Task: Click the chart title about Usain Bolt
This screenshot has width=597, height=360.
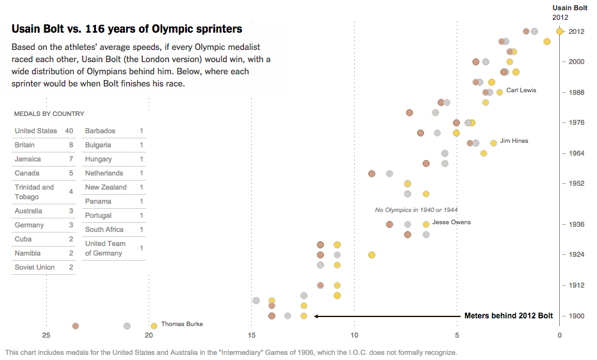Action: [127, 29]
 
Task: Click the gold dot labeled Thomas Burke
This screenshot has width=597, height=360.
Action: [154, 326]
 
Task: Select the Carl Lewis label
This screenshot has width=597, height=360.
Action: [521, 90]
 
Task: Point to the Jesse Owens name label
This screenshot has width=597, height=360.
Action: [451, 222]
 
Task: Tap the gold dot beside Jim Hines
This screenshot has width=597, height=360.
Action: [494, 143]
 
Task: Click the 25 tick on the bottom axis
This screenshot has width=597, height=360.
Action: [46, 335]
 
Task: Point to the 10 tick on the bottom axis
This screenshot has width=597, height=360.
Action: [354, 335]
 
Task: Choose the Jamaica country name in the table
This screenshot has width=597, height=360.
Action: [28, 160]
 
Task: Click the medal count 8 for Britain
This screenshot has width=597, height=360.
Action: [71, 145]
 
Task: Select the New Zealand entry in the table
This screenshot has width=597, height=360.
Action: [106, 188]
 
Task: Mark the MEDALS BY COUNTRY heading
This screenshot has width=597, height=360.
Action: [49, 114]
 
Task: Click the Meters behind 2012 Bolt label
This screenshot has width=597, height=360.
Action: [508, 316]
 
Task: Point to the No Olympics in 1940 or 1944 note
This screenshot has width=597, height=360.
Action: [416, 210]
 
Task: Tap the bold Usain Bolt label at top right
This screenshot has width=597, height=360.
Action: [569, 8]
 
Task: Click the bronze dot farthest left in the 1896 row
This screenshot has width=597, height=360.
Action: [76, 326]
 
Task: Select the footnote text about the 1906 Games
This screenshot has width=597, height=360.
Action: [231, 352]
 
